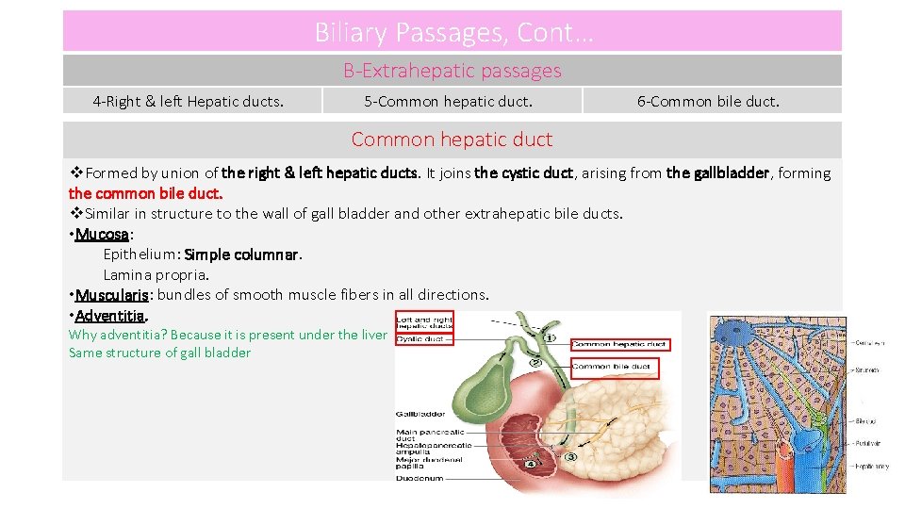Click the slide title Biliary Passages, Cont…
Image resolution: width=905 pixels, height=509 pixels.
tap(453, 33)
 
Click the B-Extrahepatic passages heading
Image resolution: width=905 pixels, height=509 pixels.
tap(452, 71)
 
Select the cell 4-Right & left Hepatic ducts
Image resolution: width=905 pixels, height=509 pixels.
tap(188, 102)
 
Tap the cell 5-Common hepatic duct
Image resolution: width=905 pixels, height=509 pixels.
tap(448, 102)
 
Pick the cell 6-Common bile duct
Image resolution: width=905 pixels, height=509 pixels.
tap(708, 102)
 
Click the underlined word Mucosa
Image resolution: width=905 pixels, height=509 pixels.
tap(102, 234)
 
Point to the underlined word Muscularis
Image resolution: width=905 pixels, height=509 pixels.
tap(112, 295)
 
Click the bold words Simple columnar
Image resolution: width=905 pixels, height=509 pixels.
tap(242, 254)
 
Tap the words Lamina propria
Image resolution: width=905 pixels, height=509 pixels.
tap(156, 275)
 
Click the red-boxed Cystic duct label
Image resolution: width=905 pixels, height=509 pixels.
tap(422, 339)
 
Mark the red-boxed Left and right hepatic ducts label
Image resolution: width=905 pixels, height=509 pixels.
tap(424, 321)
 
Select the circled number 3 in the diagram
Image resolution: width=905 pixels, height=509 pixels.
tap(571, 457)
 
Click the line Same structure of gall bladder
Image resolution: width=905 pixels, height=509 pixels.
tap(159, 353)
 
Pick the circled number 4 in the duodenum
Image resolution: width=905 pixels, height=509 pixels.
tap(533, 463)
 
